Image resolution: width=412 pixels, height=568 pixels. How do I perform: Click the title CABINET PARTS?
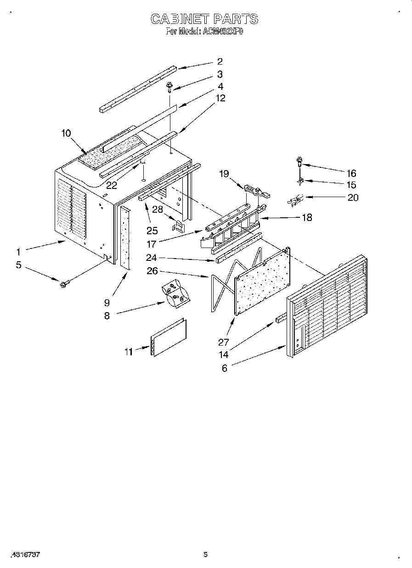[204, 19]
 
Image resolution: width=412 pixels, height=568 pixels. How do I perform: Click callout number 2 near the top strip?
[220, 61]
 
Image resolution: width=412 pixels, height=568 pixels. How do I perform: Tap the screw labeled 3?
[169, 86]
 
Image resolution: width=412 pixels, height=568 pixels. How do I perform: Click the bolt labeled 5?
[63, 284]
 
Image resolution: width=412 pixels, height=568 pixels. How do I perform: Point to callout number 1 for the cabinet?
[18, 252]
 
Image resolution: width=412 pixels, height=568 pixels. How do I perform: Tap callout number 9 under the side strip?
[107, 302]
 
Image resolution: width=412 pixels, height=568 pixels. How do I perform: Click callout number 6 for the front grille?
[224, 368]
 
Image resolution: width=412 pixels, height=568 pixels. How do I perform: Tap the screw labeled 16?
[299, 161]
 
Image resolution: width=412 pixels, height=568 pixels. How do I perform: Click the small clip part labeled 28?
[178, 225]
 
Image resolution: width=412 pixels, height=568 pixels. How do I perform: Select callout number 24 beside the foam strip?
[152, 258]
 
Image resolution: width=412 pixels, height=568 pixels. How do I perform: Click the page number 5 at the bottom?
[206, 554]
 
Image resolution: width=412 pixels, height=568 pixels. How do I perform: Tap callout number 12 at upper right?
[220, 98]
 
